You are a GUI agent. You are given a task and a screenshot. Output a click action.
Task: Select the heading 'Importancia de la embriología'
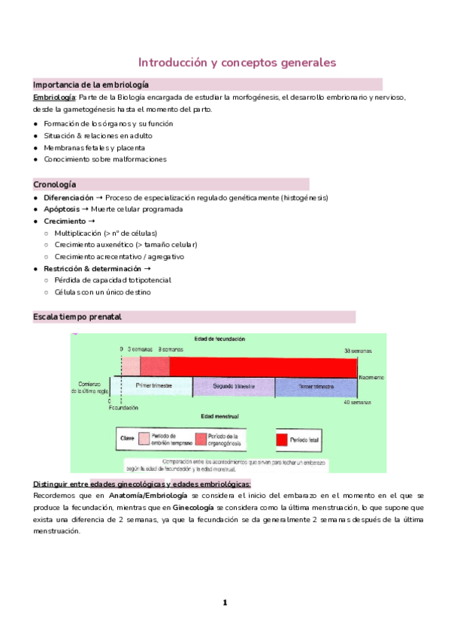pyautogui.click(x=91, y=85)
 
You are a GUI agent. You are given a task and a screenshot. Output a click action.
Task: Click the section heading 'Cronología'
pyautogui.click(x=54, y=184)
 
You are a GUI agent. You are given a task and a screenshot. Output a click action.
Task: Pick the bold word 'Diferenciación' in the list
pyautogui.click(x=74, y=198)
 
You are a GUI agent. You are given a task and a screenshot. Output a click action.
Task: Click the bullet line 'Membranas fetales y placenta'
pyautogui.click(x=95, y=147)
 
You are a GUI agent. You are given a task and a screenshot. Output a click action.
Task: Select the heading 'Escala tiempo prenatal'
pyautogui.click(x=77, y=317)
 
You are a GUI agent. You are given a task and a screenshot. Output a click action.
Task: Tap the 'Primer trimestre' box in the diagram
pyautogui.click(x=155, y=386)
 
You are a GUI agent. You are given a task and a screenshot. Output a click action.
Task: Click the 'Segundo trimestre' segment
pyautogui.click(x=234, y=386)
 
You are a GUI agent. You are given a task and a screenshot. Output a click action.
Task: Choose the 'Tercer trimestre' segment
pyautogui.click(x=316, y=386)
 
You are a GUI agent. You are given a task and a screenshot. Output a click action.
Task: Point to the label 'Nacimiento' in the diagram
pyautogui.click(x=371, y=376)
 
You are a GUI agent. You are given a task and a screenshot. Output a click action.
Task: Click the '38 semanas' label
pyautogui.click(x=357, y=351)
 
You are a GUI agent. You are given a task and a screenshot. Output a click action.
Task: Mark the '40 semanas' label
pyautogui.click(x=357, y=403)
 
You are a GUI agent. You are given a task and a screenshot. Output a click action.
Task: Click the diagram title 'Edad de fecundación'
pyautogui.click(x=219, y=340)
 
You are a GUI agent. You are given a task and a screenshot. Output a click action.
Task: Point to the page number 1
pyautogui.click(x=224, y=602)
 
